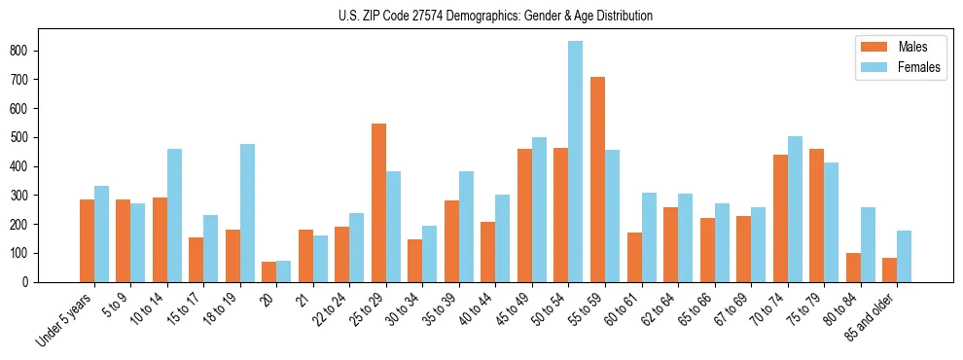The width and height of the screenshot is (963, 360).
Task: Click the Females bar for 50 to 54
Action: point(576,162)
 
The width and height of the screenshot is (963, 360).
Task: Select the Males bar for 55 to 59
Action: point(597,179)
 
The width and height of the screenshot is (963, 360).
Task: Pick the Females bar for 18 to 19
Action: point(247,213)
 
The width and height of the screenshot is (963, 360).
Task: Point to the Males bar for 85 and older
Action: point(890,270)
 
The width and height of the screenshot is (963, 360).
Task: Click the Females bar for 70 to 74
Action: point(795,209)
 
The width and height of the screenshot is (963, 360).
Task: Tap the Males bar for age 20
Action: point(269,271)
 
